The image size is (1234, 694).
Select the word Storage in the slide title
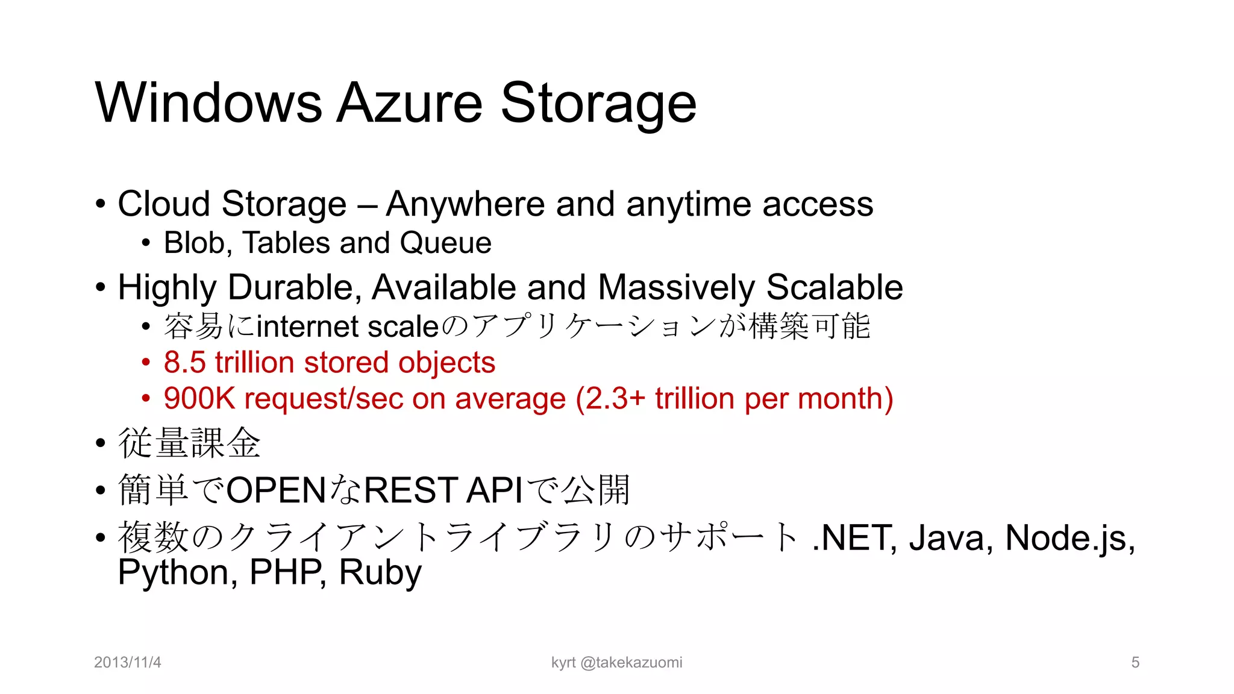(598, 104)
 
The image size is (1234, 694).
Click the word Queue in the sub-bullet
(445, 243)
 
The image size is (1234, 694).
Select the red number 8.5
(184, 363)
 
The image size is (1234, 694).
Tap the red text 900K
(199, 399)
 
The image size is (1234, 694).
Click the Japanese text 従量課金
(189, 443)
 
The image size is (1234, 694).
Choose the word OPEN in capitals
(277, 490)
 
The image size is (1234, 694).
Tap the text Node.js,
(1070, 537)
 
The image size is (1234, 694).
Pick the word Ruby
(380, 572)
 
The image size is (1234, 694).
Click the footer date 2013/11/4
(128, 663)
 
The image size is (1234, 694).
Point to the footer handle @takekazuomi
(631, 663)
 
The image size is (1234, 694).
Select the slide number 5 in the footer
(1135, 663)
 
